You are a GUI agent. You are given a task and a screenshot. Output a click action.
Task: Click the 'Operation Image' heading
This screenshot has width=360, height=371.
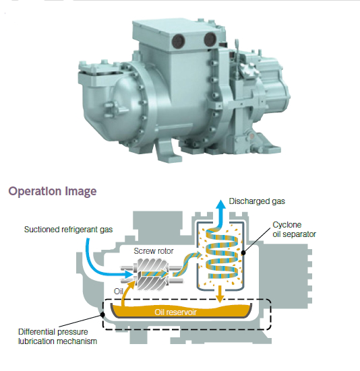point(53,191)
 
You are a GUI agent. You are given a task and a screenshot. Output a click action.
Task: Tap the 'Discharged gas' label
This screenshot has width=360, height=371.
point(257,201)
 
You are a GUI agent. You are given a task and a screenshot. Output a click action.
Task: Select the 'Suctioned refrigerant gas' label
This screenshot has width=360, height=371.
point(68,230)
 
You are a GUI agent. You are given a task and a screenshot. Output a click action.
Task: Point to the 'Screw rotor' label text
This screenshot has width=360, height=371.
point(154,250)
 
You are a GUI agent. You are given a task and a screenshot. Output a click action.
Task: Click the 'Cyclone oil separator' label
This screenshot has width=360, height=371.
point(294,230)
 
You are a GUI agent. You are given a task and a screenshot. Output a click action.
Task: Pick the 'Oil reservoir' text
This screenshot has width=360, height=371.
point(175,312)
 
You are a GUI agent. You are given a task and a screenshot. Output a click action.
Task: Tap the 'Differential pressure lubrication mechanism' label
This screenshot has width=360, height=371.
point(57,337)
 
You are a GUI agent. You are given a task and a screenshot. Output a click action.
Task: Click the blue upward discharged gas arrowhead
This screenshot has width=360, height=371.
point(221,205)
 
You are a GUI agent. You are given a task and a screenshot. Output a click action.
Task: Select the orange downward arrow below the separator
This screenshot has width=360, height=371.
point(220,294)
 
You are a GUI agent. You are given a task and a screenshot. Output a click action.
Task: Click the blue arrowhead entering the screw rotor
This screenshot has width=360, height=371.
point(129,275)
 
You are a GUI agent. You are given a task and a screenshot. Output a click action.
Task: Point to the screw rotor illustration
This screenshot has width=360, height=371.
point(152,274)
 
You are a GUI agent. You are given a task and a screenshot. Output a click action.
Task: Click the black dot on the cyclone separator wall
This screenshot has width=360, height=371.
point(243,252)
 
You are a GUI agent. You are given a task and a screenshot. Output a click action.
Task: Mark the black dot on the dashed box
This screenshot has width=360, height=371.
point(102,314)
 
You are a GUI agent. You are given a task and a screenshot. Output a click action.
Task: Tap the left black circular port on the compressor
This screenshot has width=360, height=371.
point(179,41)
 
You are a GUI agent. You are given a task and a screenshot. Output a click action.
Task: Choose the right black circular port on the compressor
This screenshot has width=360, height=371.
point(210,39)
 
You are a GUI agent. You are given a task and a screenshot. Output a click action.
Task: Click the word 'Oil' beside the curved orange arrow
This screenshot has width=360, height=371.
point(118,292)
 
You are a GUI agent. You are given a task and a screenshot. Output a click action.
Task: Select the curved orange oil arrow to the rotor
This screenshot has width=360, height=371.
point(125,290)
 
